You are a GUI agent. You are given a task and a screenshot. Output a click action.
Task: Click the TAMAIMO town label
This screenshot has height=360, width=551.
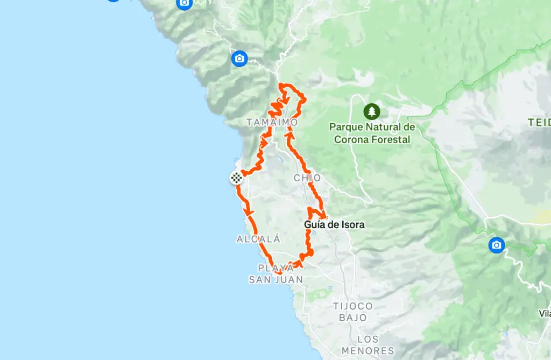[x=272, y=123]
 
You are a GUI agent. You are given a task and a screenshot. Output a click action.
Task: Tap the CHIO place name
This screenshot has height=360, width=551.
[x=307, y=178]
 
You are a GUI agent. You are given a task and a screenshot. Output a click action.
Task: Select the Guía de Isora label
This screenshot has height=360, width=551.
[x=334, y=224]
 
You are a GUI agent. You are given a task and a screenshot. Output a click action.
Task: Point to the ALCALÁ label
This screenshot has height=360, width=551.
[x=259, y=239]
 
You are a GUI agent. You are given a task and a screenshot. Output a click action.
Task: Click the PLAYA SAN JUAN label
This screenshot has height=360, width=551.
[x=275, y=273]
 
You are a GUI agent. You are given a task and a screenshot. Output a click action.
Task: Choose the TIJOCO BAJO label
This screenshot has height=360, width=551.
[x=353, y=312]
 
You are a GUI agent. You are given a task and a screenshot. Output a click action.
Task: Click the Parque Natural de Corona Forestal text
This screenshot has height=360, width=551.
[x=372, y=133]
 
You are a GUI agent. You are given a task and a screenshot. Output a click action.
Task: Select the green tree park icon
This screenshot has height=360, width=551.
[x=371, y=111]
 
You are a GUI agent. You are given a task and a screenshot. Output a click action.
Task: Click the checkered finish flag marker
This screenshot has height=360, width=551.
[x=236, y=177]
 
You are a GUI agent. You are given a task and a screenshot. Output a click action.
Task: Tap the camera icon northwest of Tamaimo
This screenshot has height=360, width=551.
[x=239, y=58]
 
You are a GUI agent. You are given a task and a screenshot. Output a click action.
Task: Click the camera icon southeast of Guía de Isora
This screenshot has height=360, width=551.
[x=496, y=245]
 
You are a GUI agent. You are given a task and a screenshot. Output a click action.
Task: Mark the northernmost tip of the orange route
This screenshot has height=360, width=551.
[x=280, y=84]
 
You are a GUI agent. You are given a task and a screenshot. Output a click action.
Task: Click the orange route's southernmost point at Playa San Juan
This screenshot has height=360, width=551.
[x=280, y=273]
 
